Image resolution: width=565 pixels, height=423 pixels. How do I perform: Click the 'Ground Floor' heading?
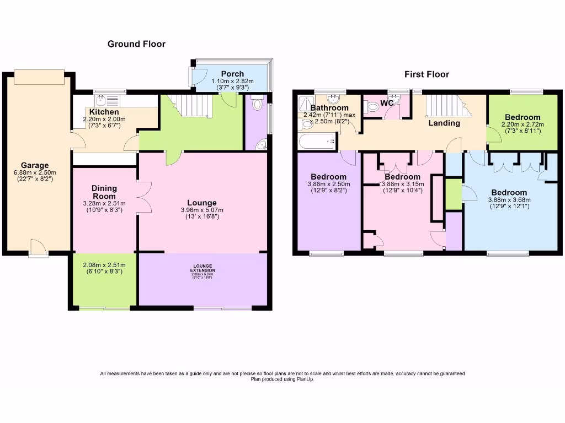(x=136, y=44)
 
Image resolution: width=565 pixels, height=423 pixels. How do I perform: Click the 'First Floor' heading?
(x=427, y=74)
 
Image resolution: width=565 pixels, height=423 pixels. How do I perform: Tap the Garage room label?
(x=35, y=165)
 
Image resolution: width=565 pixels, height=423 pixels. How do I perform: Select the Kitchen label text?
(x=104, y=112)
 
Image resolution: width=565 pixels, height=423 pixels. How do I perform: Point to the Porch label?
(x=232, y=74)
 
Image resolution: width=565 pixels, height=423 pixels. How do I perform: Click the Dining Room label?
(x=104, y=192)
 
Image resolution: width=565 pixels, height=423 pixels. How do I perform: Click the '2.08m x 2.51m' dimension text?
(x=104, y=264)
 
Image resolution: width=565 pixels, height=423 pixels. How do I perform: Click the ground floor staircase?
(x=190, y=105)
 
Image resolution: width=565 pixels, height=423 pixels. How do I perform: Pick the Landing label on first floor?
(x=444, y=123)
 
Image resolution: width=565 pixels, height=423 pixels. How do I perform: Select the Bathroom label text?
(x=329, y=108)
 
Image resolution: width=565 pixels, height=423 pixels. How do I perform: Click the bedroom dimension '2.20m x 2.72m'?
(x=523, y=124)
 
